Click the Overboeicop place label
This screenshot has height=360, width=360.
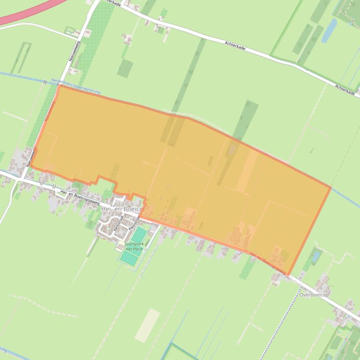coord(314,295)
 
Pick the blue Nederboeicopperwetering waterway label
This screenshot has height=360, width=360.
coord(76,88)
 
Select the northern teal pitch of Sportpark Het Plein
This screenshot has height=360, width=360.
coord(139,233)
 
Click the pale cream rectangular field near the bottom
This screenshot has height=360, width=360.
coord(147,324)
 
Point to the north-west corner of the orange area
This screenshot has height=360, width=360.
coord(59,85)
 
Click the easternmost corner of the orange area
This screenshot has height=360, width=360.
coord(331,187)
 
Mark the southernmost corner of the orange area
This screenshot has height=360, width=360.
coord(288,275)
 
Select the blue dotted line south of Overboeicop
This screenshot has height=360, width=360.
coord(289,318)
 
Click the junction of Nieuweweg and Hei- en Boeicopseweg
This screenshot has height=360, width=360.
coord(21,178)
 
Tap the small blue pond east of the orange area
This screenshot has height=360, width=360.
coord(317,256)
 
